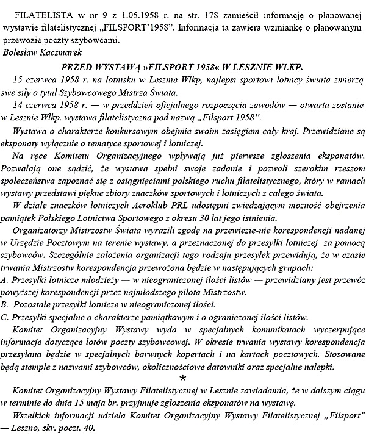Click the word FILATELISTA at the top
pos(38,13)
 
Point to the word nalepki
pos(317,367)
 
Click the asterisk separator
pos(184,380)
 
